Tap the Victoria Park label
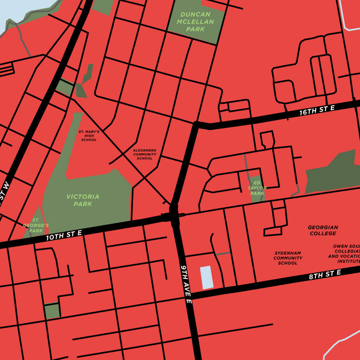pyautogui.click(x=82, y=200)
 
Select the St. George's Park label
pyautogui.click(x=36, y=225)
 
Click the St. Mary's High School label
pyautogui.click(x=89, y=136)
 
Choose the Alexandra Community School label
pyautogui.click(x=145, y=154)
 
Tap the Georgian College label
pyautogui.click(x=323, y=230)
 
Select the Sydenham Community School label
pyautogui.click(x=288, y=258)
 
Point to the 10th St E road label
pyautogui.click(x=63, y=235)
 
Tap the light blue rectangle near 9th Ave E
pyautogui.click(x=207, y=277)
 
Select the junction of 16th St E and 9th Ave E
pyautogui.click(x=196, y=126)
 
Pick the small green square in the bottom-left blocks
pyautogui.click(x=52, y=311)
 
